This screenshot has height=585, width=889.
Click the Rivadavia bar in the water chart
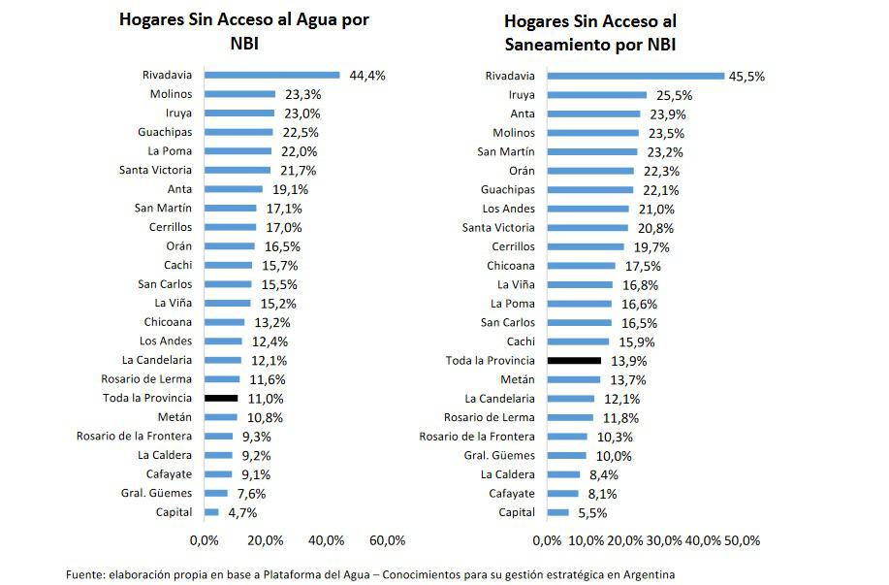pyautogui.click(x=271, y=75)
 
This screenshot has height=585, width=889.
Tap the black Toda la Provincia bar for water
pyautogui.click(x=220, y=398)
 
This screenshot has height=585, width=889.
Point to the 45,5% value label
pyautogui.click(x=747, y=76)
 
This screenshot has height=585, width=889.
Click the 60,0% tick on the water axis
pyautogui.click(x=387, y=539)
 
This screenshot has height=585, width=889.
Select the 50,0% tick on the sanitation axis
pyautogui.click(x=742, y=539)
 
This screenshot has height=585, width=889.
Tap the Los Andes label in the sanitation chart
pyautogui.click(x=508, y=209)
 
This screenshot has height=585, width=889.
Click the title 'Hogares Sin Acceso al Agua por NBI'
pyautogui.click(x=243, y=31)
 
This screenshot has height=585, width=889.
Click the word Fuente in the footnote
pyautogui.click(x=86, y=573)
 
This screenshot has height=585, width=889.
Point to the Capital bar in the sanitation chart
pyautogui.click(x=558, y=512)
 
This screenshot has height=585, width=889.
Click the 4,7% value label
pyautogui.click(x=242, y=512)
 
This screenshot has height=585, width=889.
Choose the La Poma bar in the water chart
pyautogui.click(x=238, y=151)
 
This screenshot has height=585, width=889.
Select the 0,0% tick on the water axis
pyautogui.click(x=204, y=539)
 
